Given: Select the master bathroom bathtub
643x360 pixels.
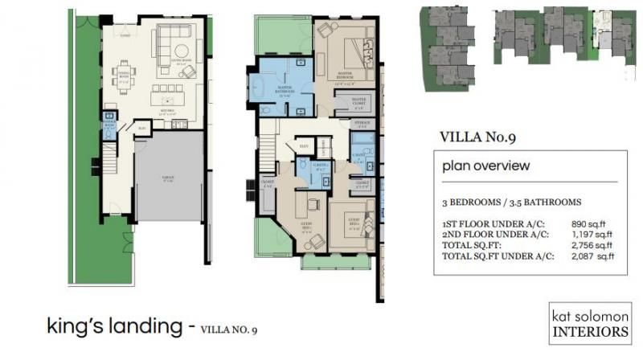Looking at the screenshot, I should pyautogui.click(x=264, y=87).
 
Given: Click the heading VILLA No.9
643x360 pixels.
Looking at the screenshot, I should pyautogui.click(x=477, y=137).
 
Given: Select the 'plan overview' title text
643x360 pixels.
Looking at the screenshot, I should pyautogui.click(x=486, y=166).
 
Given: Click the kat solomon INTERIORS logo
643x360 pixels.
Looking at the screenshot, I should pyautogui.click(x=591, y=322).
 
